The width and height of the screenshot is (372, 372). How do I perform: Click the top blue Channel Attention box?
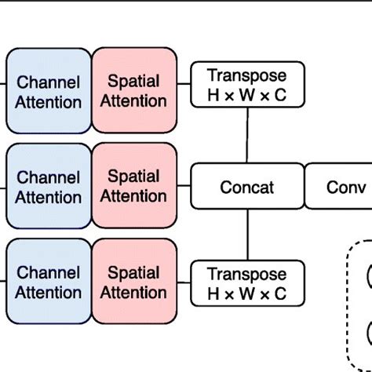click(x=49, y=91)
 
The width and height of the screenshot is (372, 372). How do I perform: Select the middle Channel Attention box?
click(x=49, y=187)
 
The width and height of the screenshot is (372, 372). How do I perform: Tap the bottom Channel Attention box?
click(x=49, y=283)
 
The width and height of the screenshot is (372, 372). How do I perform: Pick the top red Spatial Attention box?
click(x=134, y=91)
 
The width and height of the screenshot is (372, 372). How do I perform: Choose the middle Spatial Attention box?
click(x=134, y=187)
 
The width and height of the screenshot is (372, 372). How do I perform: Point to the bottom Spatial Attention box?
click(x=134, y=283)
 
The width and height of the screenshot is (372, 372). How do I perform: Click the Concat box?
click(x=246, y=187)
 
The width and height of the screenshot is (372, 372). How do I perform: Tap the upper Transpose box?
click(x=246, y=86)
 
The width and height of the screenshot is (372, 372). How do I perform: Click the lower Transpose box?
click(x=246, y=283)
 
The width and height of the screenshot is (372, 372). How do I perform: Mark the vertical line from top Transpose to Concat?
click(x=247, y=135)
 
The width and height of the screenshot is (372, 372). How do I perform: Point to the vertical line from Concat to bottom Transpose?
click(x=247, y=235)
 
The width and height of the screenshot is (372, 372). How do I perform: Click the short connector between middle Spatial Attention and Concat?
click(x=184, y=187)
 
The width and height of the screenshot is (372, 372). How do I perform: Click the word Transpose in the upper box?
click(x=246, y=76)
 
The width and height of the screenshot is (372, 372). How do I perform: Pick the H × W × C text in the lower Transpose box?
click(x=246, y=294)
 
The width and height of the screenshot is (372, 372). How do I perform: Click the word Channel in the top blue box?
click(x=49, y=82)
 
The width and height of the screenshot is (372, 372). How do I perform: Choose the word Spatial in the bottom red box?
click(x=134, y=273)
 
